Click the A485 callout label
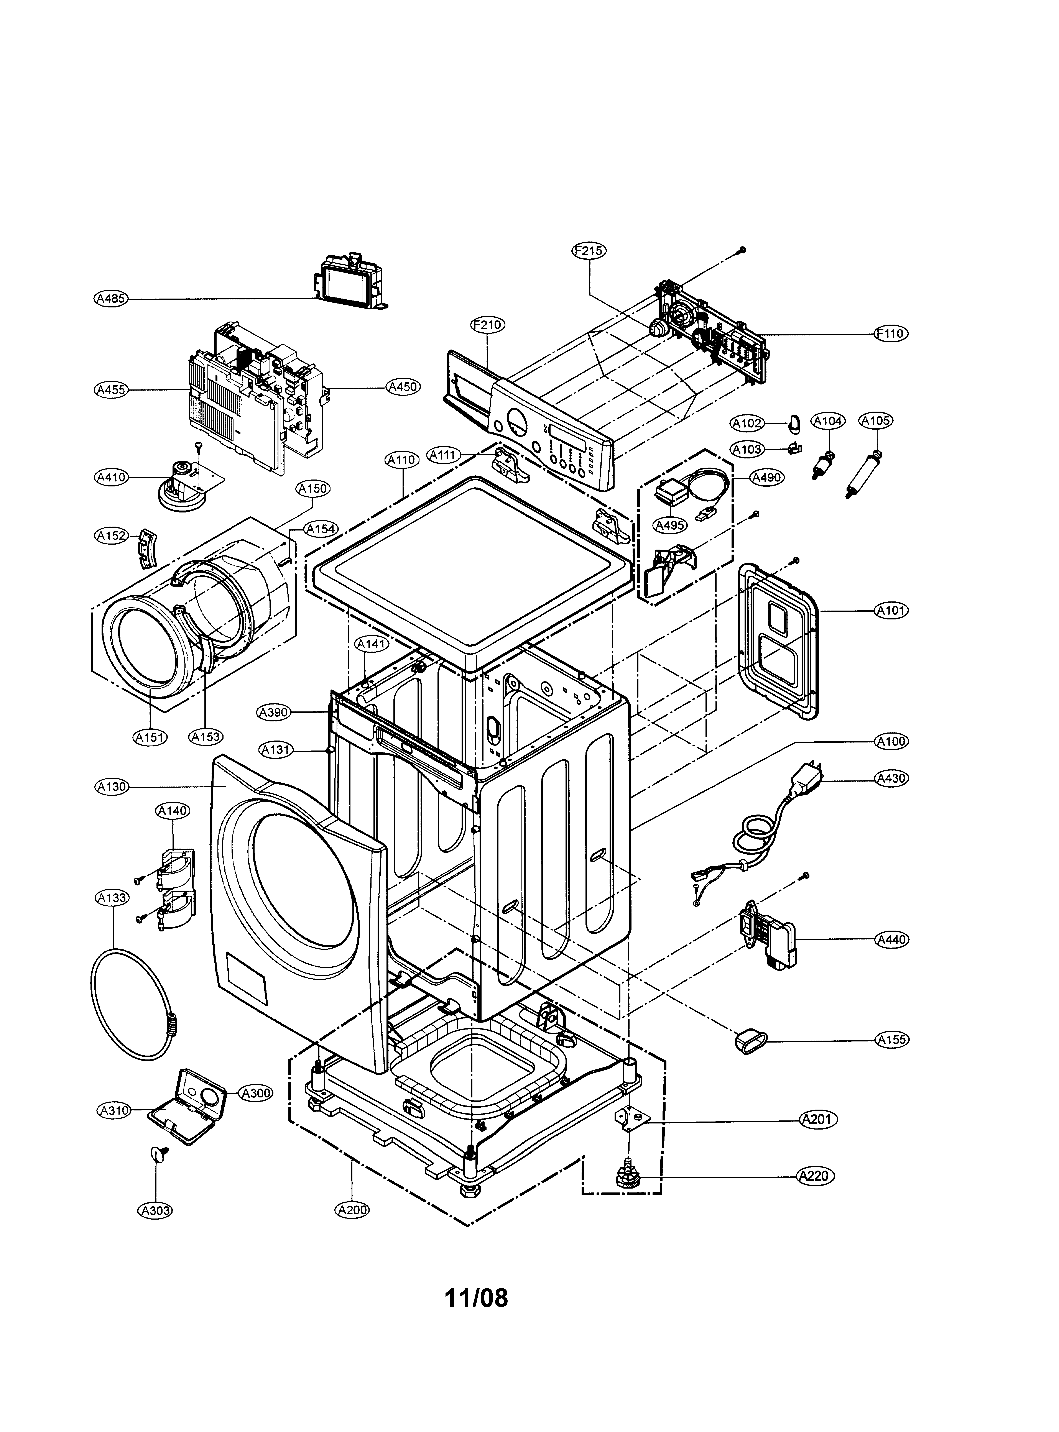coord(110,298)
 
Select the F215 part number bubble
coord(589,251)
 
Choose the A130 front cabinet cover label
coord(112,787)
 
